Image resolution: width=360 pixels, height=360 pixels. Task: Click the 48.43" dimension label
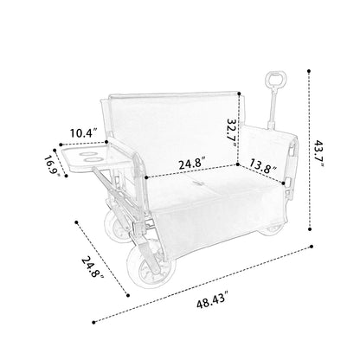pyautogui.click(x=210, y=302)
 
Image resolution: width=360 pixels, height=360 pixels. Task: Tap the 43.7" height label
pyautogui.click(x=319, y=154)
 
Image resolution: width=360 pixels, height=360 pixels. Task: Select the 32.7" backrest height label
pyautogui.click(x=232, y=133)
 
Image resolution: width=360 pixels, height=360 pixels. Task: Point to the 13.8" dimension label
pyautogui.click(x=263, y=166)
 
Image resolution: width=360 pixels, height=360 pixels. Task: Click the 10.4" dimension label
pyautogui.click(x=83, y=133)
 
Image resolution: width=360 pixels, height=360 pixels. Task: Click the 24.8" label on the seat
pyautogui.click(x=192, y=164)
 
